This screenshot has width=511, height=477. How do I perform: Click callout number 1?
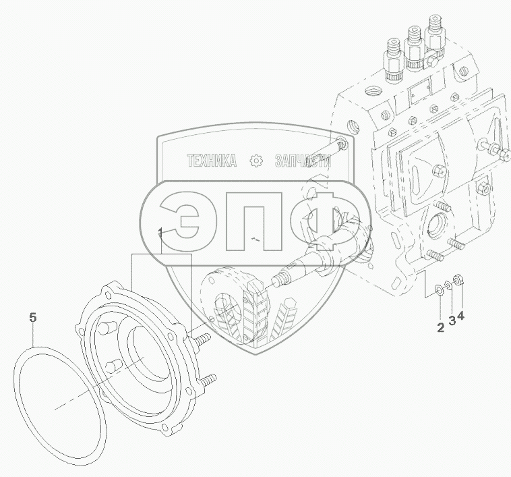click(160, 233)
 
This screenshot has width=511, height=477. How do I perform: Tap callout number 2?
click(440, 327)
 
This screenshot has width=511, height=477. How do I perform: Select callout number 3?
click(452, 320)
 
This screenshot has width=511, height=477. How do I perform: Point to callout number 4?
click(460, 315)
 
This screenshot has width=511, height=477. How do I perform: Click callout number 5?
click(33, 317)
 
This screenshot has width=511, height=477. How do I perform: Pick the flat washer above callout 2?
click(439, 289)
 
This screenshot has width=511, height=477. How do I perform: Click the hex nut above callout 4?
click(459, 279)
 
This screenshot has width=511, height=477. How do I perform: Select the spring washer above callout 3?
click(448, 284)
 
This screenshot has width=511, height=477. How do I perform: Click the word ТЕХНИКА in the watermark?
click(212, 161)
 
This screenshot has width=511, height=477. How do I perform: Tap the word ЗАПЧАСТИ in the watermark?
click(303, 161)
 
